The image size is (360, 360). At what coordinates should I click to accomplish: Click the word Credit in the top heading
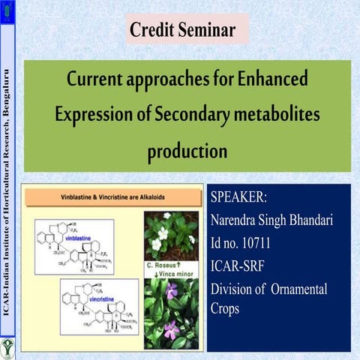pos(153,31)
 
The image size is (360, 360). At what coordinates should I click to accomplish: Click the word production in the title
pos(187,151)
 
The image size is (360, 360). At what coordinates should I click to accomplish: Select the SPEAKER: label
pos(238,199)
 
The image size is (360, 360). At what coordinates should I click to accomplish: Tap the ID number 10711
pos(252,241)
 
